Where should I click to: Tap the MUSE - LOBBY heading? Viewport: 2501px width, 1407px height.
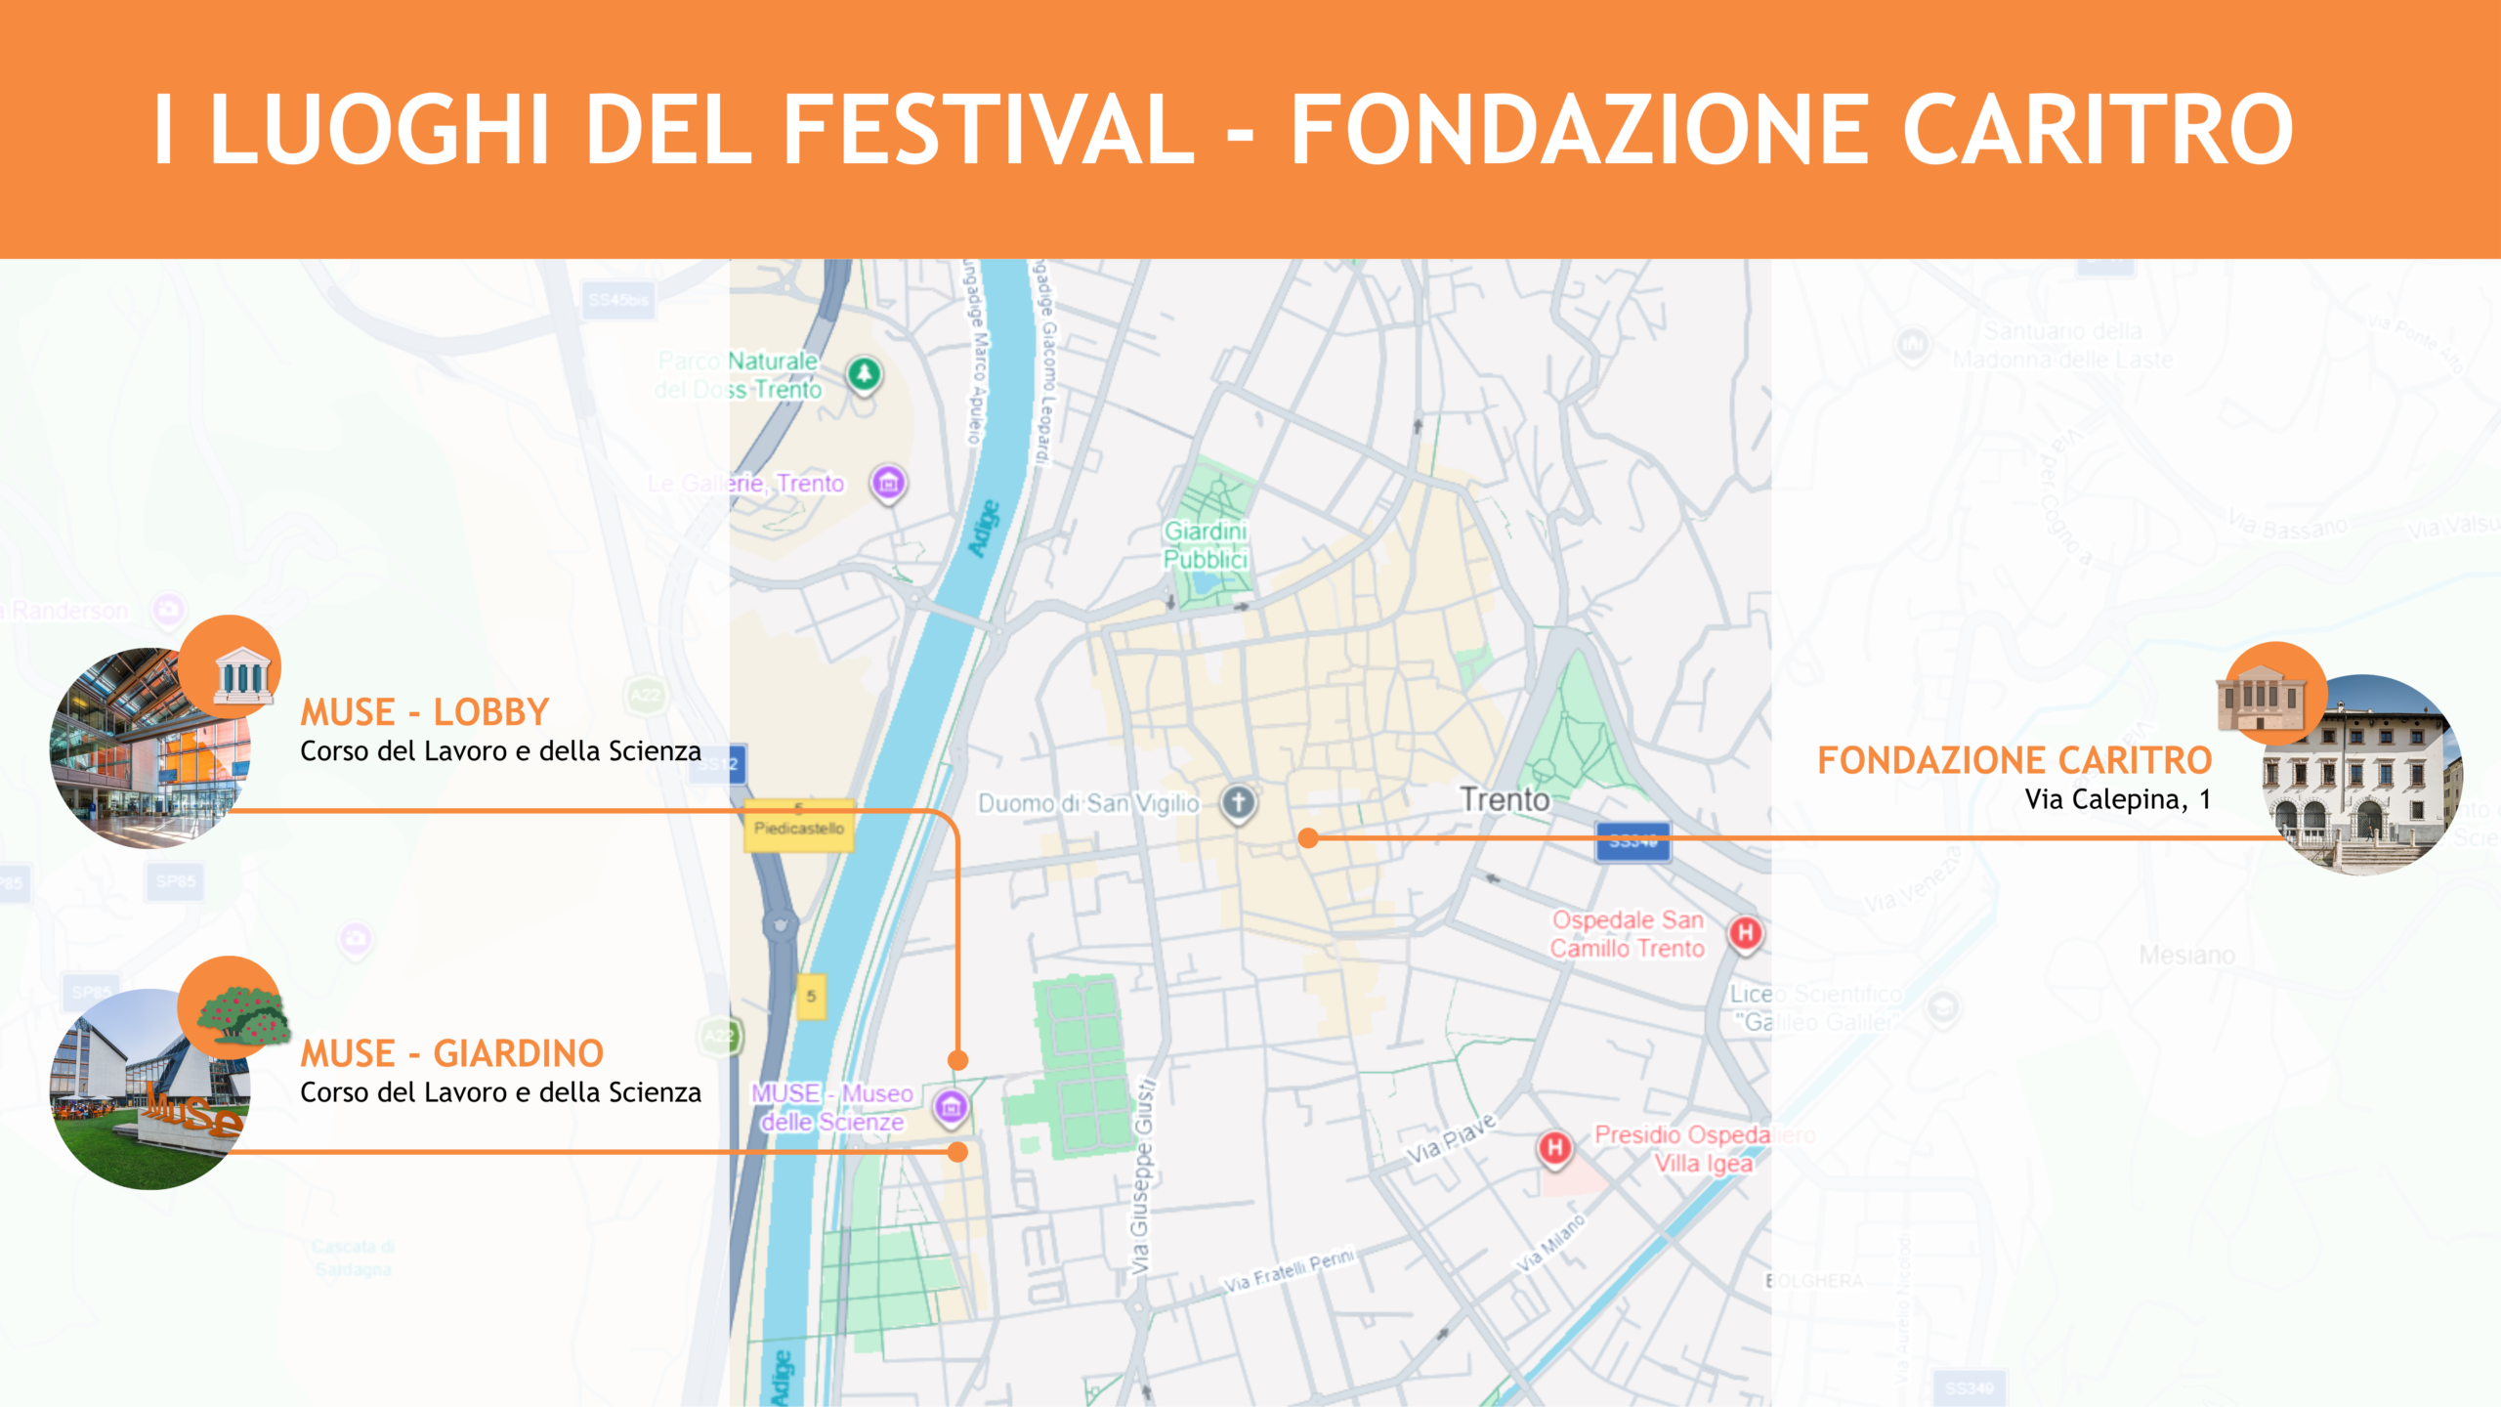coord(424,712)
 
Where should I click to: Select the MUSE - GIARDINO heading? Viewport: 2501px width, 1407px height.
coord(451,1053)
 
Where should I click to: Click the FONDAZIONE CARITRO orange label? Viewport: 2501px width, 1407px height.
coord(2014,760)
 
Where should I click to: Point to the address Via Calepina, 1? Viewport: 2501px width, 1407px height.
coord(2117,799)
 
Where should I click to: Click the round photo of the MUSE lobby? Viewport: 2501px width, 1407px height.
coord(147,752)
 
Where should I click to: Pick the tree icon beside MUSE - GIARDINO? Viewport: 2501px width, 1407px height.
coord(240,1010)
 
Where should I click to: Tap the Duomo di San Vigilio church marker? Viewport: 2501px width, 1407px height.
coord(1239,803)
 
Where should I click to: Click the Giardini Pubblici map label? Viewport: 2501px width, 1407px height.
coord(1206,545)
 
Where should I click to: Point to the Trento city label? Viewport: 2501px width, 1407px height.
coord(1505,800)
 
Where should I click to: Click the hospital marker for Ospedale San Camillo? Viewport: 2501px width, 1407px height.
coord(1746,933)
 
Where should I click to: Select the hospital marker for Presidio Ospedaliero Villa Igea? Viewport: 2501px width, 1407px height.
coord(1555,1147)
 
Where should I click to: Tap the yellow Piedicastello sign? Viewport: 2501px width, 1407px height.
coord(799,827)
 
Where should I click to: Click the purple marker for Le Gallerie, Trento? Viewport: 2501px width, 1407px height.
coord(888,483)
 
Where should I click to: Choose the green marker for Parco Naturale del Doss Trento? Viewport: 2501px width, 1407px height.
coord(864,373)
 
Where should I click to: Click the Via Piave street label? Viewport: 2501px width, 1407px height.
coord(1451,1138)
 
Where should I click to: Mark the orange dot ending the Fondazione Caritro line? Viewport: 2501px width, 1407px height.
coord(1309,837)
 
